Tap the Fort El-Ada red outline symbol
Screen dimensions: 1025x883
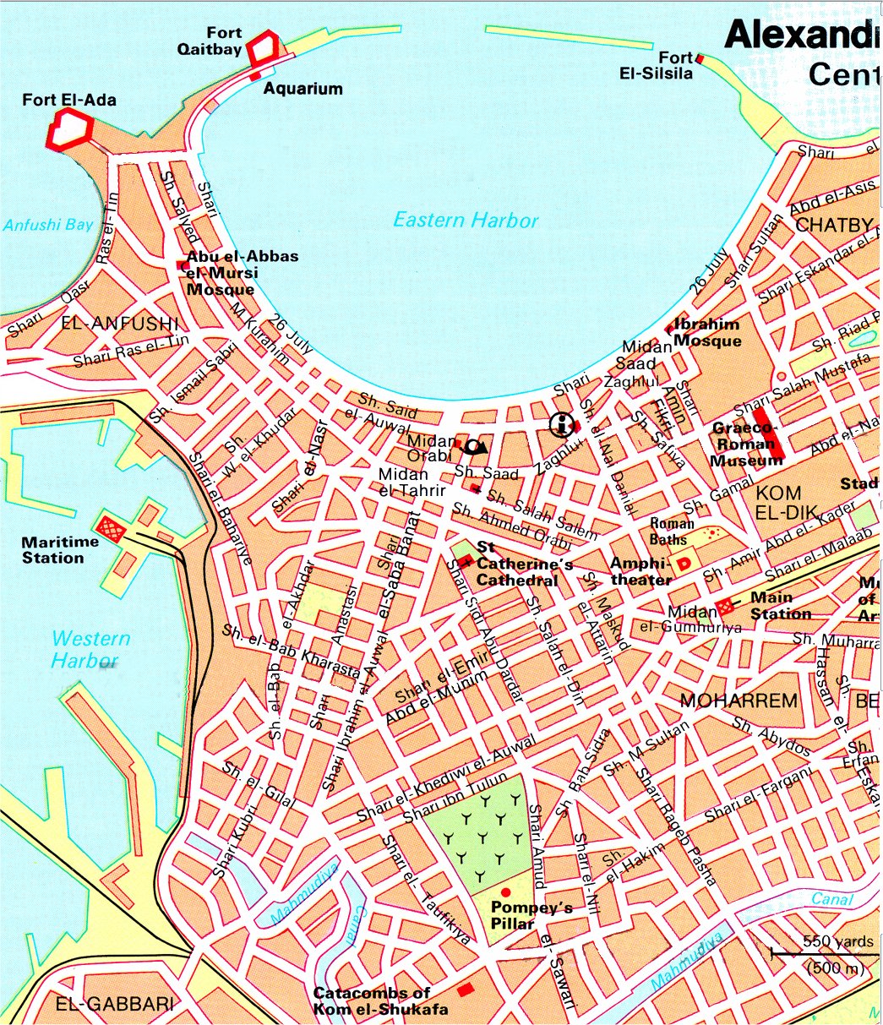(x=70, y=130)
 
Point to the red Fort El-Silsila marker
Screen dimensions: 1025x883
(x=700, y=57)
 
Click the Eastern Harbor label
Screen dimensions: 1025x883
(x=466, y=221)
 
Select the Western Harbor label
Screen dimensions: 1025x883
(x=90, y=649)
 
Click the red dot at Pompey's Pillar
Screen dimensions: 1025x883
(x=505, y=892)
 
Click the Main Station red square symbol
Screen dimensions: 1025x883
(x=724, y=607)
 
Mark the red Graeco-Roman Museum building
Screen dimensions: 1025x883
(x=769, y=433)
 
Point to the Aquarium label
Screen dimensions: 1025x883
(x=303, y=89)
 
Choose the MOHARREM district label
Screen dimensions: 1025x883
(x=739, y=701)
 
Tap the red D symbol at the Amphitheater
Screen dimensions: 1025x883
(x=687, y=563)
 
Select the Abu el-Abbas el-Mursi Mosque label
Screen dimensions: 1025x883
(x=242, y=273)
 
